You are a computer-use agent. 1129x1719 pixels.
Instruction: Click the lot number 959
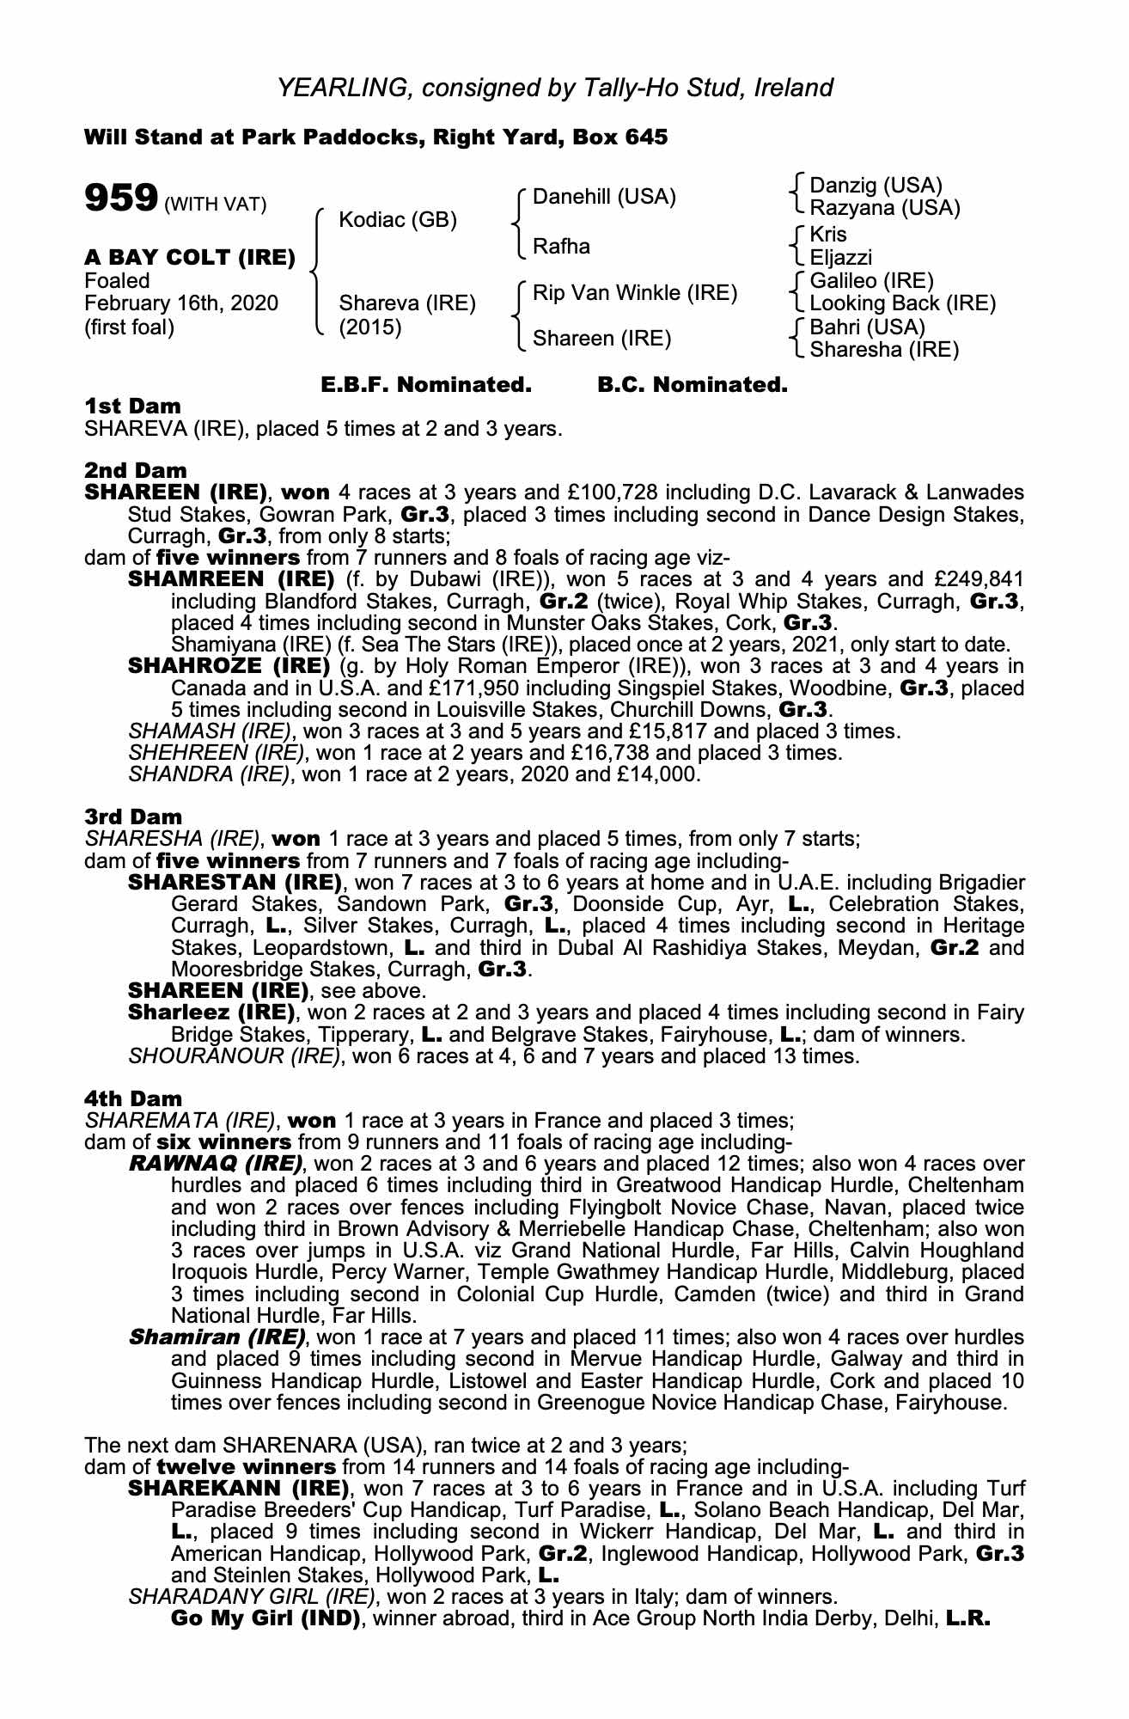(119, 199)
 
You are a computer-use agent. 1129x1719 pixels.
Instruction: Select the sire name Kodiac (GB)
(398, 220)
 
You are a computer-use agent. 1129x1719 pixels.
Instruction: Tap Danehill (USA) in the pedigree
(604, 197)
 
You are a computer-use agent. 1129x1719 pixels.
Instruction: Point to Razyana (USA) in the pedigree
(885, 208)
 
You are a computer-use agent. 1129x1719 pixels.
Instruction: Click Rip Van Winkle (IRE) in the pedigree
(635, 293)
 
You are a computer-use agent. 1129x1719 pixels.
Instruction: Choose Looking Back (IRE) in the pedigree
(902, 303)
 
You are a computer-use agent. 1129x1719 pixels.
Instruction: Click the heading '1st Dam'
(132, 406)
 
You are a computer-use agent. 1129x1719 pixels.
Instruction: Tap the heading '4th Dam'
(133, 1098)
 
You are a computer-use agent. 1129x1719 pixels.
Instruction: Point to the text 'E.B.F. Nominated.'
(426, 385)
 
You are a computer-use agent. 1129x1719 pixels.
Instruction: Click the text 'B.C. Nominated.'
(692, 385)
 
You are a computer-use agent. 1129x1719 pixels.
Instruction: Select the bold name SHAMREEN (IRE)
(230, 579)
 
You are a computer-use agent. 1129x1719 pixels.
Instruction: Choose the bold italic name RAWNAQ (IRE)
(216, 1165)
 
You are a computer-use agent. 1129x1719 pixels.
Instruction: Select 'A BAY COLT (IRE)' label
(190, 257)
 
